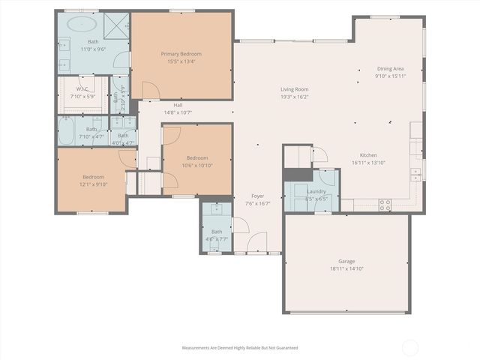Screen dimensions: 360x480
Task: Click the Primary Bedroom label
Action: (181, 53)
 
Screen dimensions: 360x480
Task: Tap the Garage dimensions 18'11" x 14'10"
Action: (346, 268)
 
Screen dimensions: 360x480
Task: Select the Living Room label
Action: (294, 89)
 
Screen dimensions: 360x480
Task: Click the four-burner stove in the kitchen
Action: (385, 203)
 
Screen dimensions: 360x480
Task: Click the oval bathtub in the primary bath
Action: (78, 24)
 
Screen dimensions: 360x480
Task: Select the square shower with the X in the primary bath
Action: (116, 24)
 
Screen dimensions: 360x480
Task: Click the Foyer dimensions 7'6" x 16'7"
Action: (257, 203)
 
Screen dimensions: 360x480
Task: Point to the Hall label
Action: (178, 105)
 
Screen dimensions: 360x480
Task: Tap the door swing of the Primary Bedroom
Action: (150, 91)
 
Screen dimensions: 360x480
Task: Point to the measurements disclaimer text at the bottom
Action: (240, 348)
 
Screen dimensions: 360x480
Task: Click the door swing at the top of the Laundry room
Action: (319, 155)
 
